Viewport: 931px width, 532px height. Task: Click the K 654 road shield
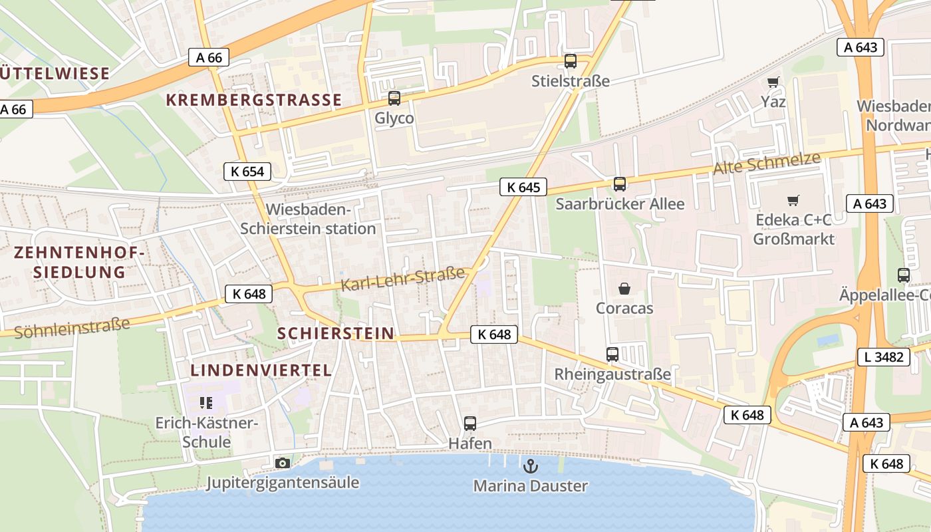coord(247,172)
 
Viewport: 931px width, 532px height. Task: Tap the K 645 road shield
coord(523,188)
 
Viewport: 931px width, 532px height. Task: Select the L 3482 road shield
coord(884,357)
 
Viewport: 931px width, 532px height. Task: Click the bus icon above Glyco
coord(394,99)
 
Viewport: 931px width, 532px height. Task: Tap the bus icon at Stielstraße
coord(570,61)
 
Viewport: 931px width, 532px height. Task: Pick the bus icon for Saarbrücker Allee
coord(619,184)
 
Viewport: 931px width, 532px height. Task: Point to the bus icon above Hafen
coord(470,424)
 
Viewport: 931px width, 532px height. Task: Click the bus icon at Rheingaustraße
coord(612,354)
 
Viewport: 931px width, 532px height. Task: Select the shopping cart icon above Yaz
coord(773,82)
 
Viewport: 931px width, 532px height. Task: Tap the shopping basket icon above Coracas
coord(624,289)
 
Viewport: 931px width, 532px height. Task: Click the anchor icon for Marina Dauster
coord(530,465)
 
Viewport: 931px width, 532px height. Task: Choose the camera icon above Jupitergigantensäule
coord(283,463)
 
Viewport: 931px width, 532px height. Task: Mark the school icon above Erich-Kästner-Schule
coord(205,402)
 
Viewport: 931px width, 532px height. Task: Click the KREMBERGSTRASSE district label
coord(253,100)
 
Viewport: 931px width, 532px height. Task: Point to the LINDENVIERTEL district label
coord(261,370)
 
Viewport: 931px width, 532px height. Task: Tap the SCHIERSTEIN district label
coord(335,334)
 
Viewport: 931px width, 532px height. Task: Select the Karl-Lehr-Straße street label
coord(402,279)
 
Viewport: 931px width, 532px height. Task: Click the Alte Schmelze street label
coord(767,164)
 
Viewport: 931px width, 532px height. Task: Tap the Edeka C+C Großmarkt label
coord(793,229)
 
